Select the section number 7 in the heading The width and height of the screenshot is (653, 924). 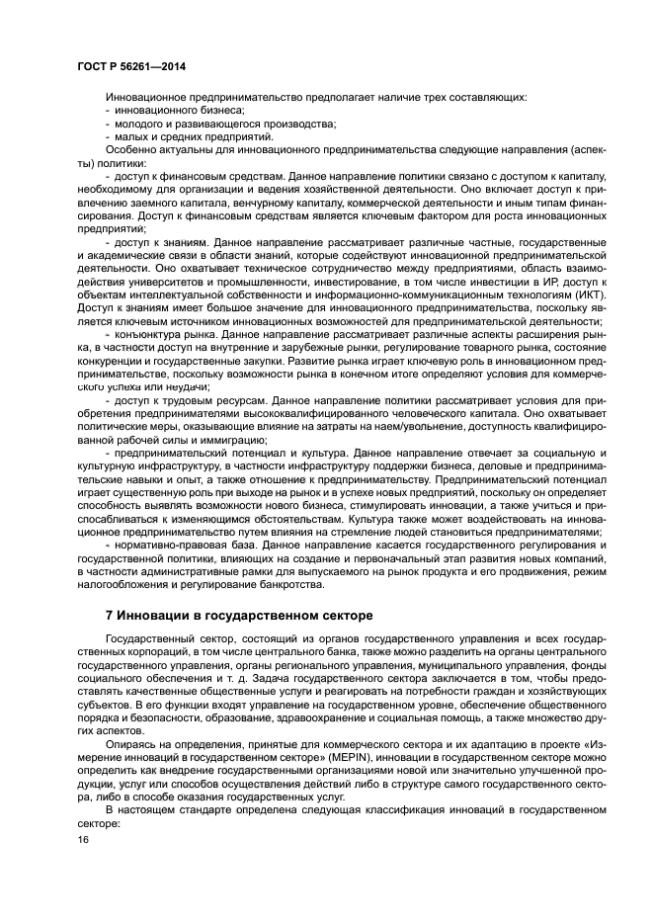tap(109, 616)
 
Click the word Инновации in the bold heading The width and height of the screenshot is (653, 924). tap(156, 616)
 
